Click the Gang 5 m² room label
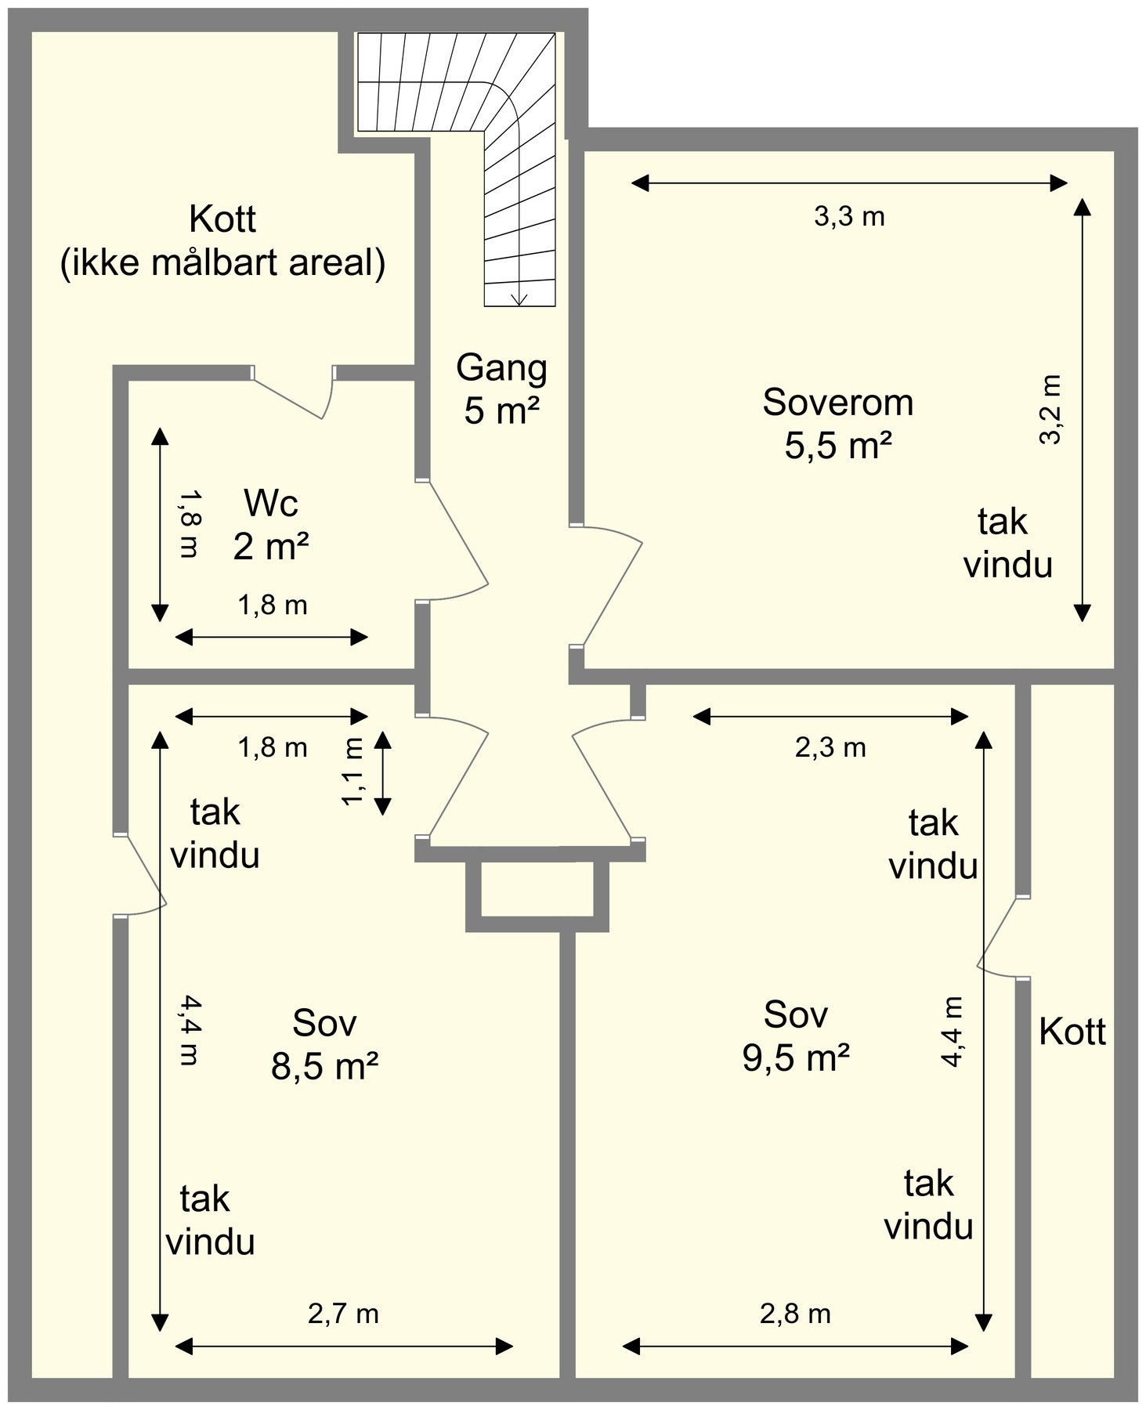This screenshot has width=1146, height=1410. pos(501,389)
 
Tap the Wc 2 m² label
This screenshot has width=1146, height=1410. pos(271,525)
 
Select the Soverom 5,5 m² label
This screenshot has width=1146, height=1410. pos(838,424)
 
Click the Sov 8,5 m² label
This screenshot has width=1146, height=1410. pos(324,1044)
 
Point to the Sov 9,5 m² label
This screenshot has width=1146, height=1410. pos(796,1036)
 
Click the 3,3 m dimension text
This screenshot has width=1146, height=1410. pos(849,217)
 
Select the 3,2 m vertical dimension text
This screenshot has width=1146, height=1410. pos(1050,409)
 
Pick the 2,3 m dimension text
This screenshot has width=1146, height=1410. pos(830,748)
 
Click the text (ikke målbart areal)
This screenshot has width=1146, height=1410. pos(222,263)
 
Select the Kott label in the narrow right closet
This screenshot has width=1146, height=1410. pos(1072,1032)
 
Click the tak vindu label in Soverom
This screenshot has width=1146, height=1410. pos(1007,543)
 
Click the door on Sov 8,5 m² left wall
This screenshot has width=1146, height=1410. pos(141,873)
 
